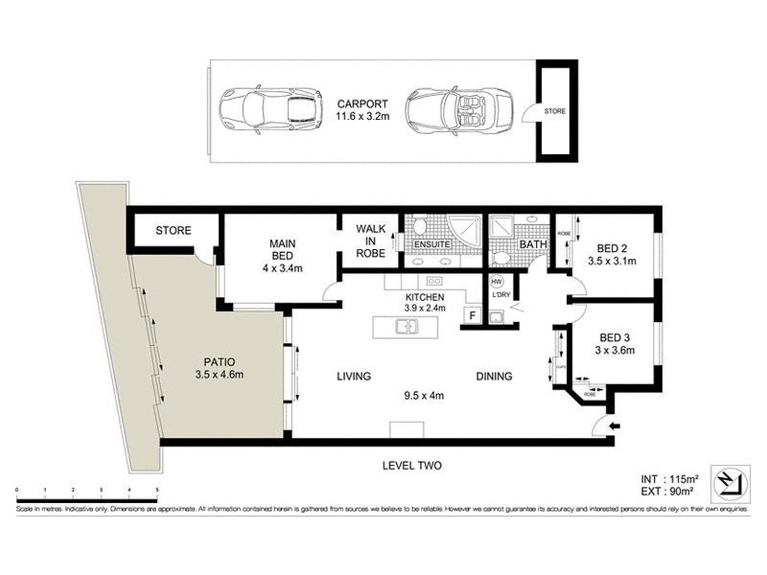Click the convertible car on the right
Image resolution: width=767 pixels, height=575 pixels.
tap(457, 110)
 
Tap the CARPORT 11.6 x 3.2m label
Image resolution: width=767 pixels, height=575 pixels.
tap(360, 110)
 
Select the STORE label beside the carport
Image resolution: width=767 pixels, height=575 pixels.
tap(555, 111)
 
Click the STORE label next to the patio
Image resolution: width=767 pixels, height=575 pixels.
tap(174, 231)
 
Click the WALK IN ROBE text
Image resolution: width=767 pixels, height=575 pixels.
tap(370, 241)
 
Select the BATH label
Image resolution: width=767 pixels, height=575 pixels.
tap(532, 244)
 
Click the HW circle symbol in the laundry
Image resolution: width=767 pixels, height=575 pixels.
tap(496, 282)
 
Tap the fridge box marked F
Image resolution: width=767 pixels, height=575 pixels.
tap(473, 315)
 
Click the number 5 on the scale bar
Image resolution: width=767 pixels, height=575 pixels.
tap(156, 490)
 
